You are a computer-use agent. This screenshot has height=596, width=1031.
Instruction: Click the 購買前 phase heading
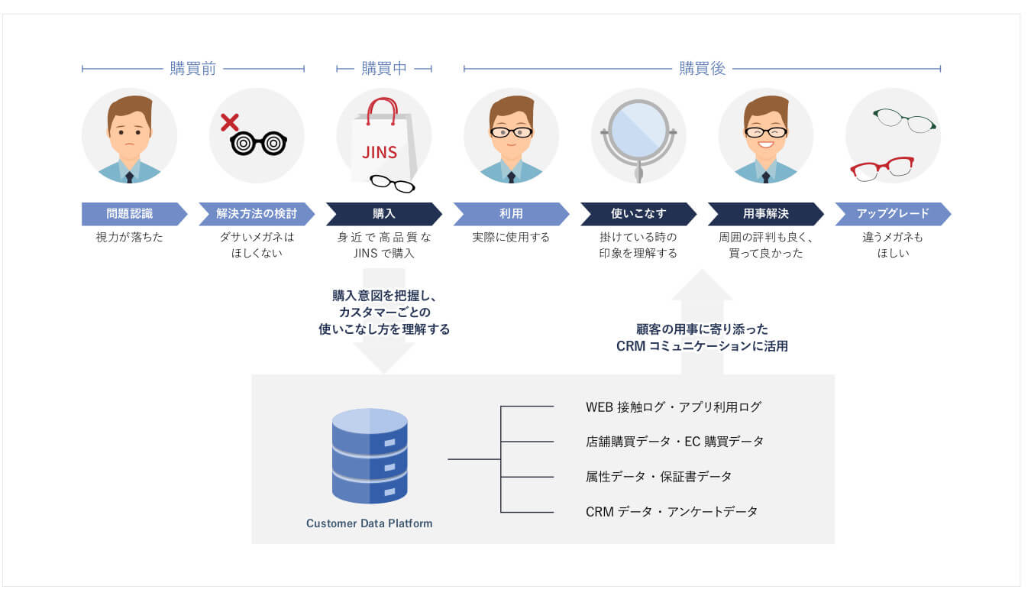pos(193,68)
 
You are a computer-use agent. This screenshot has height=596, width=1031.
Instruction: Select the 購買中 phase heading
pos(384,68)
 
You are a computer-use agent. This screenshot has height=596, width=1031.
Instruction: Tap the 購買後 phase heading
pos(703,68)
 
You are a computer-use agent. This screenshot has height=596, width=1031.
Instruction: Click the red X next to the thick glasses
pos(229,122)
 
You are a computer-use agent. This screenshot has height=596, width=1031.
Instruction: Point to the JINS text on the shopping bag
pos(380,153)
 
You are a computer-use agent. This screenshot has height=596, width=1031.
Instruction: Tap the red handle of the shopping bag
pos(382,111)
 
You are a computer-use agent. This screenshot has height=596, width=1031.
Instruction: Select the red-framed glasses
pos(881,169)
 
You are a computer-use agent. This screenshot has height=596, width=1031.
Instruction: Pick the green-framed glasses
pos(904,121)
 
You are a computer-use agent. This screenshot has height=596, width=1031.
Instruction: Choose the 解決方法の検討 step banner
pos(257,214)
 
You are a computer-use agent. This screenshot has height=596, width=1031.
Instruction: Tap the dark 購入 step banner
pos(384,214)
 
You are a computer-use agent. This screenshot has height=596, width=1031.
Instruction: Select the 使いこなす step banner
pos(638,214)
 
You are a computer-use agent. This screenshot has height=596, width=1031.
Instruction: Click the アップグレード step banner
pos(893,214)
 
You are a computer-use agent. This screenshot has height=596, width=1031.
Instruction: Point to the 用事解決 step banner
pos(765,214)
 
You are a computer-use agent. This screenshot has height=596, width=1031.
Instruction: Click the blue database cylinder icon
pos(370,456)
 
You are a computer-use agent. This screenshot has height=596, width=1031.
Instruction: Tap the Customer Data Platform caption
pos(369,523)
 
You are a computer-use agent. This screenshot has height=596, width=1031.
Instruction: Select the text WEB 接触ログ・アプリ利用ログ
pos(674,407)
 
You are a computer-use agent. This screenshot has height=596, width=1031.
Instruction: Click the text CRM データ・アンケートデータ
pos(671,512)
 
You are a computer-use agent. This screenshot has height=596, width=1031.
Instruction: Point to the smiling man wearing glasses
pos(765,138)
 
